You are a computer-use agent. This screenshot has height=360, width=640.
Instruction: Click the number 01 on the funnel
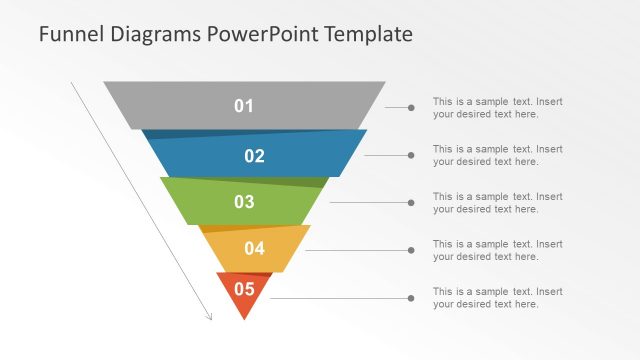[x=244, y=106]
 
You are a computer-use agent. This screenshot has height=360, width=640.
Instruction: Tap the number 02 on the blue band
[x=254, y=155]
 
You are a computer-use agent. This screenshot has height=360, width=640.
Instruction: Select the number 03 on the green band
[x=244, y=202]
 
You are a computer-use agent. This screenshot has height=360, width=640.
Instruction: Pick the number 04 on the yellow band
[x=254, y=249]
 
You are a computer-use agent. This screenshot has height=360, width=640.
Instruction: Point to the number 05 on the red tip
[x=244, y=290]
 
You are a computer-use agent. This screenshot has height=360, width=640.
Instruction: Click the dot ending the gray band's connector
[x=411, y=107]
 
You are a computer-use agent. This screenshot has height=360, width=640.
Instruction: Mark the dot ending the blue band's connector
[x=411, y=155]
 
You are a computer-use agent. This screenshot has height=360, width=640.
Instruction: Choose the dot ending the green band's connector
[x=411, y=203]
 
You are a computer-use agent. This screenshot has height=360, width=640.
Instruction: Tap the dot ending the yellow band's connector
[x=411, y=250]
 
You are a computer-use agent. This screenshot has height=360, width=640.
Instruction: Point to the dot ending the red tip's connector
[x=411, y=298]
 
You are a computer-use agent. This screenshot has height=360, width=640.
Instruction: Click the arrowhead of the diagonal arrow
[x=210, y=318]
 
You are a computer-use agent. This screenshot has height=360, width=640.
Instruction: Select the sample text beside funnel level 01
[x=497, y=107]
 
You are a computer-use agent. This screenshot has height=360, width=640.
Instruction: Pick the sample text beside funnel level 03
[x=497, y=203]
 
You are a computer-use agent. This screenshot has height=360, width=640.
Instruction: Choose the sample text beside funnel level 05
[x=497, y=298]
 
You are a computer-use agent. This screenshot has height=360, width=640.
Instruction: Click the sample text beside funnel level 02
[x=497, y=155]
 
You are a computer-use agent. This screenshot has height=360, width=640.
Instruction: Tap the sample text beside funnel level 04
[x=497, y=250]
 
